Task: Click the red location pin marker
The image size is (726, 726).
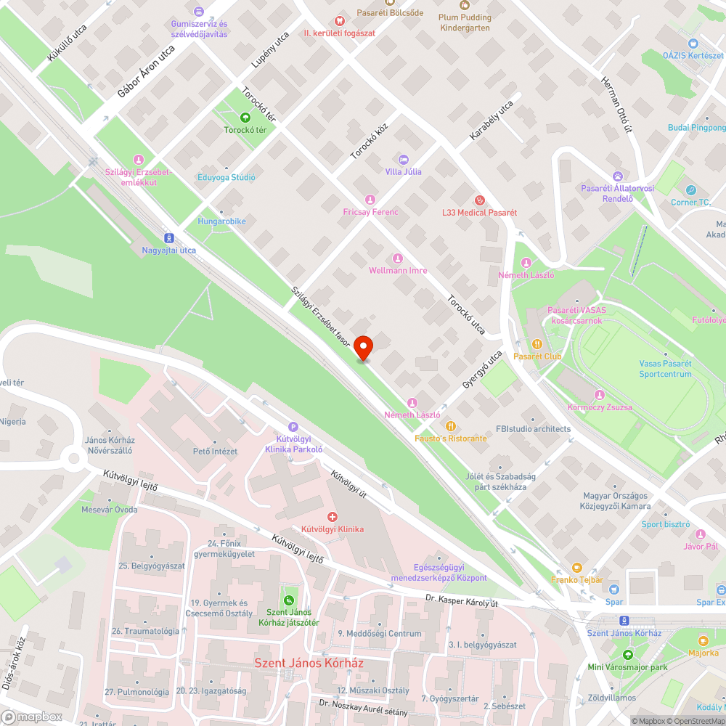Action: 363,348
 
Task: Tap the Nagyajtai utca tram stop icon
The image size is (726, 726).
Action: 169,237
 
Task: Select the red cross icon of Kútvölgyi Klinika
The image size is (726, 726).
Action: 333,516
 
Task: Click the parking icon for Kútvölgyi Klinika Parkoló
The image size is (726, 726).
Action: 293,428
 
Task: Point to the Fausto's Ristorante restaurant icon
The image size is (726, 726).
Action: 451,426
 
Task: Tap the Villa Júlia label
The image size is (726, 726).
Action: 403,171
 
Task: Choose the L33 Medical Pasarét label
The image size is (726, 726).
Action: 479,213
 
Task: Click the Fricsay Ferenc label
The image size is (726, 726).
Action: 370,212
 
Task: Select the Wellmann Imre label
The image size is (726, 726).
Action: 398,270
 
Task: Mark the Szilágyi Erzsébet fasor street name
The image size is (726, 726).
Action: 321,316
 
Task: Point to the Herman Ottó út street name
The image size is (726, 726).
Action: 615,105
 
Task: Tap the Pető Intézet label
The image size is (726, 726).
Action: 214,451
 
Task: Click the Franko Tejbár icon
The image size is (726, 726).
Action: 576,567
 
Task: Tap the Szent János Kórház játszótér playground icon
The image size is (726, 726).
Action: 289,600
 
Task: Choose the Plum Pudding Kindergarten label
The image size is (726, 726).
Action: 465,23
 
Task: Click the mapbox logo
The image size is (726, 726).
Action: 33,717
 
